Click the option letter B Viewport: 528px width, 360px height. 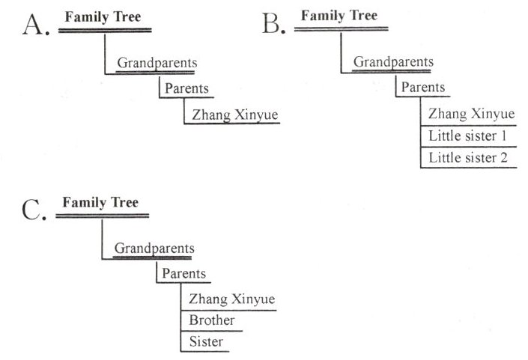pyautogui.click(x=274, y=24)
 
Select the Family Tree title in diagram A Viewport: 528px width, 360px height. pyautogui.click(x=103, y=16)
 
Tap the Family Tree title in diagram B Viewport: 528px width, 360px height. pyautogui.click(x=339, y=15)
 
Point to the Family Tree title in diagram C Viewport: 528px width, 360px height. pyautogui.click(x=100, y=202)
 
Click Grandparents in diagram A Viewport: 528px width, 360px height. pyautogui.click(x=157, y=63)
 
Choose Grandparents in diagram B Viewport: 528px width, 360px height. pyautogui.click(x=392, y=62)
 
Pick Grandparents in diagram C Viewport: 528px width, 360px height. pyautogui.click(x=154, y=248)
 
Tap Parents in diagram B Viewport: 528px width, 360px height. pyautogui.click(x=423, y=88)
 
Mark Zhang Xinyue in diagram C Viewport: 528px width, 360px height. pyautogui.click(x=233, y=299)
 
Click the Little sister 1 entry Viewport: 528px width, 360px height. pyautogui.click(x=468, y=136)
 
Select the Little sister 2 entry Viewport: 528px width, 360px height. pyautogui.click(x=468, y=158)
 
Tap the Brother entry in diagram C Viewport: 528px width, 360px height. pyautogui.click(x=212, y=320)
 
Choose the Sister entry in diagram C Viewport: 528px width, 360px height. pyautogui.click(x=206, y=341)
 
